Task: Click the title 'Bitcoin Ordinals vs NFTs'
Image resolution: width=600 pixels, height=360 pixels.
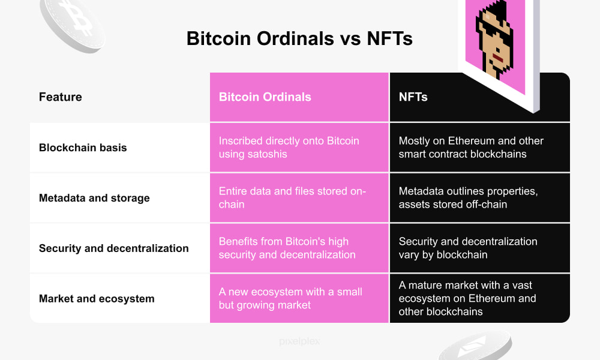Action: point(299,38)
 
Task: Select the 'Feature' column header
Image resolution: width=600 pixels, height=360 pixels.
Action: point(60,97)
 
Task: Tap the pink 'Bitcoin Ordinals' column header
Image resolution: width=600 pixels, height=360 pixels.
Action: point(265,97)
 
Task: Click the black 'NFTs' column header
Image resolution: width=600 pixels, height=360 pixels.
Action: point(413,97)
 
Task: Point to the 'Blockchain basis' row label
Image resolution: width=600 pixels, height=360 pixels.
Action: point(83,148)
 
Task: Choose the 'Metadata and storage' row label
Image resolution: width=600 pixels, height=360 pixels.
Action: point(94,198)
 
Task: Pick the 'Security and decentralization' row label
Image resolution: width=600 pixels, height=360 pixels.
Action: point(113,248)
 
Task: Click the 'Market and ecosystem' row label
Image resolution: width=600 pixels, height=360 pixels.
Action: point(97,299)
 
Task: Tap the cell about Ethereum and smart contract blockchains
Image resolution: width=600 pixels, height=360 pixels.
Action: point(471,148)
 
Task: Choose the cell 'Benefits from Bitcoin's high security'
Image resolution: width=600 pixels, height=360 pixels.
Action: point(287,248)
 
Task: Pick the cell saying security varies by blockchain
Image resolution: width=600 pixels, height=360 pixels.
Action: point(468,248)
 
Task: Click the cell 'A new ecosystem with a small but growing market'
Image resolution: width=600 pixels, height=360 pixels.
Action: point(290,299)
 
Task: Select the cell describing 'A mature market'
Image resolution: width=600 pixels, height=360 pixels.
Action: point(467,299)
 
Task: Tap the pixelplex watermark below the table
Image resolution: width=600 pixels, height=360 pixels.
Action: point(299,341)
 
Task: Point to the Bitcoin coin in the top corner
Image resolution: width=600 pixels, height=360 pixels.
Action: point(72,21)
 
